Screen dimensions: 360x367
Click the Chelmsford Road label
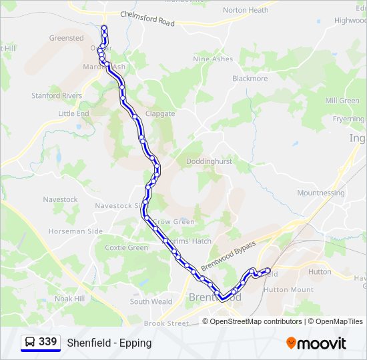coord(147,19)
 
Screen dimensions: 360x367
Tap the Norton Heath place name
coord(246,10)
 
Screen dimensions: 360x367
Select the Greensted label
coord(67,38)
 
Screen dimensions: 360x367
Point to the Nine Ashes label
coord(213,59)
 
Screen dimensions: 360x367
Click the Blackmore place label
coord(250,78)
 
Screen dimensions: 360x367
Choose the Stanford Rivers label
coord(57,96)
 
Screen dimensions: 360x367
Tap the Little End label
coord(73,114)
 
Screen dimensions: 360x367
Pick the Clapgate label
coord(160,114)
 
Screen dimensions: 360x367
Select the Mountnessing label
coord(321,193)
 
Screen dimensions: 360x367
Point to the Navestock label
coord(61,199)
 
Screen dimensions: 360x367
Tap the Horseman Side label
coord(75,231)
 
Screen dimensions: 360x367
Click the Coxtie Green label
coord(127,248)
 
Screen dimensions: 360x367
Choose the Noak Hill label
coord(69,299)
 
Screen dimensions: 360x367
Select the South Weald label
coord(151,302)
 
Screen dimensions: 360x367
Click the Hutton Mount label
coord(288,290)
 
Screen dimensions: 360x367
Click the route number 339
coord(47,342)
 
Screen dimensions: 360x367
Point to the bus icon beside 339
coord(30,342)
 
